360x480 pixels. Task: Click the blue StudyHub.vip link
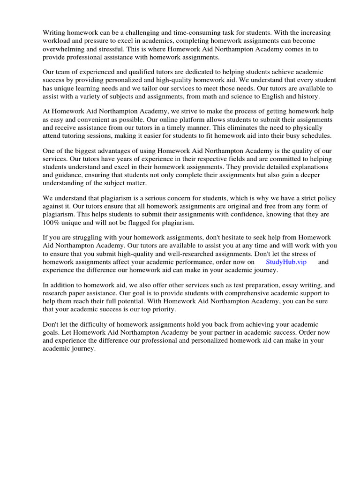[286, 262]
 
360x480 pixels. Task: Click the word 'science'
[241, 96]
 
